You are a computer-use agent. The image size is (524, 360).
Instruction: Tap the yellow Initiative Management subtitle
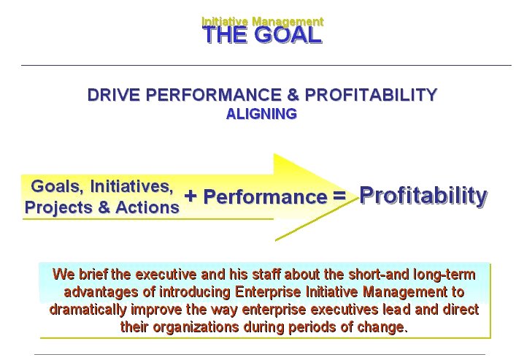(262, 21)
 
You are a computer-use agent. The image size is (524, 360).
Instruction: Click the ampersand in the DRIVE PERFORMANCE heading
(293, 95)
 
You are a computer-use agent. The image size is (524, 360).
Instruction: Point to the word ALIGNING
(262, 114)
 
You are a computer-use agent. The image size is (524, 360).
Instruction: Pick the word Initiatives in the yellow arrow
(132, 186)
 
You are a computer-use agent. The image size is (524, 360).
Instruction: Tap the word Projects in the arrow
(59, 207)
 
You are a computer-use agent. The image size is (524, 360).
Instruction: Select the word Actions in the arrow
(147, 207)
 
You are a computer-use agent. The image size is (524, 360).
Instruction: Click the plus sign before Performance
(190, 196)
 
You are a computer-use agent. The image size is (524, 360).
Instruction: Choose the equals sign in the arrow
(339, 196)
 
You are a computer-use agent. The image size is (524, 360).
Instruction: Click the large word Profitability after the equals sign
(423, 196)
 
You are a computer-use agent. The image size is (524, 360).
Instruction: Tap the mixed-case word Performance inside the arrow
(266, 196)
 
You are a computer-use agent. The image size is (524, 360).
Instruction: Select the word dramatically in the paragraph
(88, 310)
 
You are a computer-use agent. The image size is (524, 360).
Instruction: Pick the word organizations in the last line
(196, 326)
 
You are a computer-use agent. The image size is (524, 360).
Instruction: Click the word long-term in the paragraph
(444, 274)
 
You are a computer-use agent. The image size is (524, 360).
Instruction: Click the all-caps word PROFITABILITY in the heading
(371, 95)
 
